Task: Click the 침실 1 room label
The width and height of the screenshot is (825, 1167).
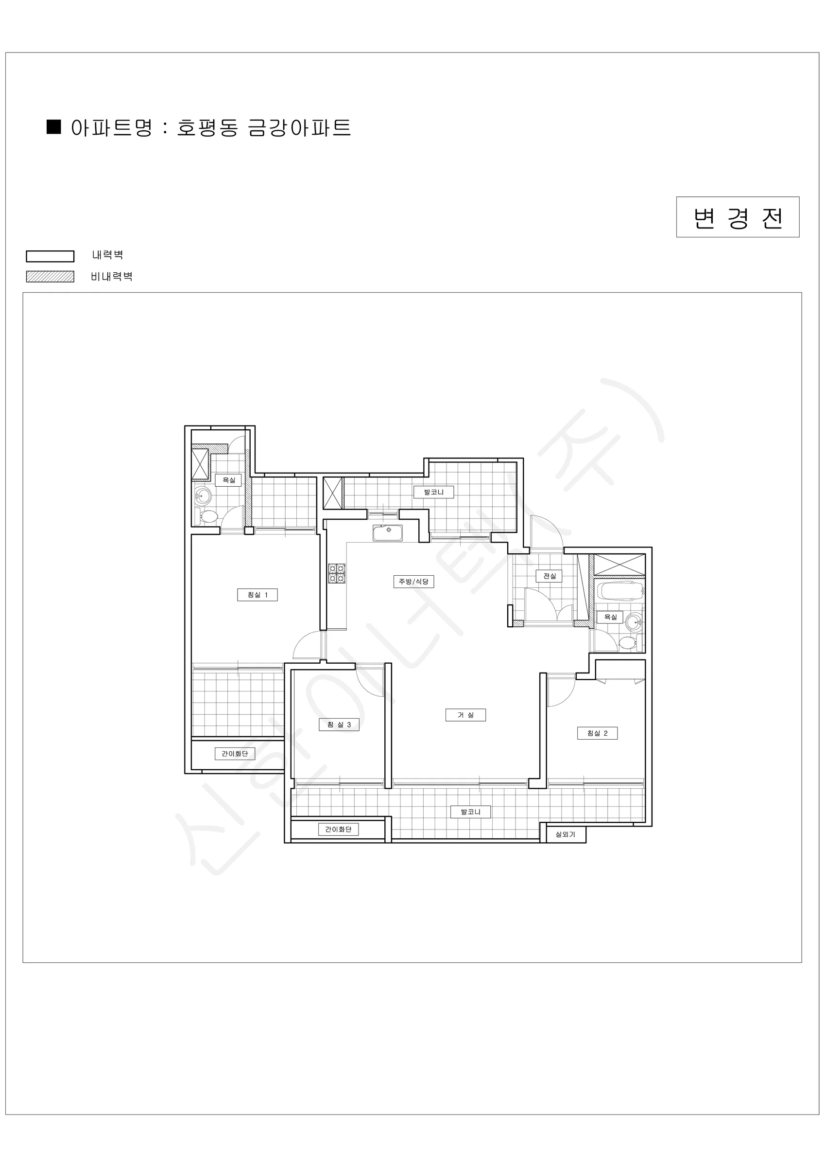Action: point(257,595)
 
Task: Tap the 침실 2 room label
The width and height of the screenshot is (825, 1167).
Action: point(597,733)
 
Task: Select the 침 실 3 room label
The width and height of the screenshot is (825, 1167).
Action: point(339,725)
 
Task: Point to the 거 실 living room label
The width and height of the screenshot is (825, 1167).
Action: point(465,715)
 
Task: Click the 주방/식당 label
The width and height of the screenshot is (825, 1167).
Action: point(413,581)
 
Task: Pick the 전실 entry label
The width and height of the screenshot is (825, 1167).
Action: point(549,576)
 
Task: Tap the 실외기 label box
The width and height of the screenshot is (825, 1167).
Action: point(566,834)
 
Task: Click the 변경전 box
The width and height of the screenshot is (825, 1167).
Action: point(738,217)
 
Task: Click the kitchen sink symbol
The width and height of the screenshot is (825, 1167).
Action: point(388,532)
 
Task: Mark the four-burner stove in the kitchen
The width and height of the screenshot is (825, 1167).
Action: point(336,573)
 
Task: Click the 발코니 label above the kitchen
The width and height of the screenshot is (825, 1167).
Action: point(433,492)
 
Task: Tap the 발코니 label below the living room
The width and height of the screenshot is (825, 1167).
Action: point(470,812)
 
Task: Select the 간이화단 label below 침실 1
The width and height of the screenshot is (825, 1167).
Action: point(235,753)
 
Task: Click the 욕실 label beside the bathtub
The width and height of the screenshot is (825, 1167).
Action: point(610,617)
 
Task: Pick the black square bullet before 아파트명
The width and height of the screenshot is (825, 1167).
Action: point(54,127)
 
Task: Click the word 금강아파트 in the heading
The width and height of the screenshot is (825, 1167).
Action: point(299,127)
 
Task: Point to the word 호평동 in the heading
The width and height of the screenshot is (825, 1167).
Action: point(207,127)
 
